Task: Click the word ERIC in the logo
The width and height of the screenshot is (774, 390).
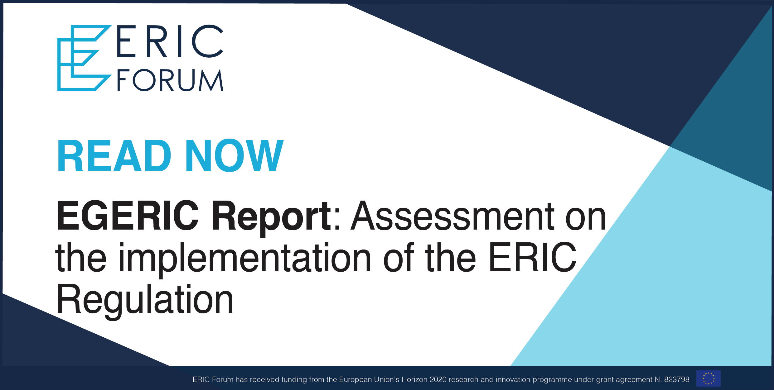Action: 170,41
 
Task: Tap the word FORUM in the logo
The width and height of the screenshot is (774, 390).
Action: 170,80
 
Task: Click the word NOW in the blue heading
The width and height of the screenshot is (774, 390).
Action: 235,155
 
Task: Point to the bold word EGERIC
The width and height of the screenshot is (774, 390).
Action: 128,216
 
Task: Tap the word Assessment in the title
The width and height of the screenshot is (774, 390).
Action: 452,216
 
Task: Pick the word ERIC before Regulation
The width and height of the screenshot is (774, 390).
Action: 533,257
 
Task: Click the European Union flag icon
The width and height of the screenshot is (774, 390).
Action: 709,378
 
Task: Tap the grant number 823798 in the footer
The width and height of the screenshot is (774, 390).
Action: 677,379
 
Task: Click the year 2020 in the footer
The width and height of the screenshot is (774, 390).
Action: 438,379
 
